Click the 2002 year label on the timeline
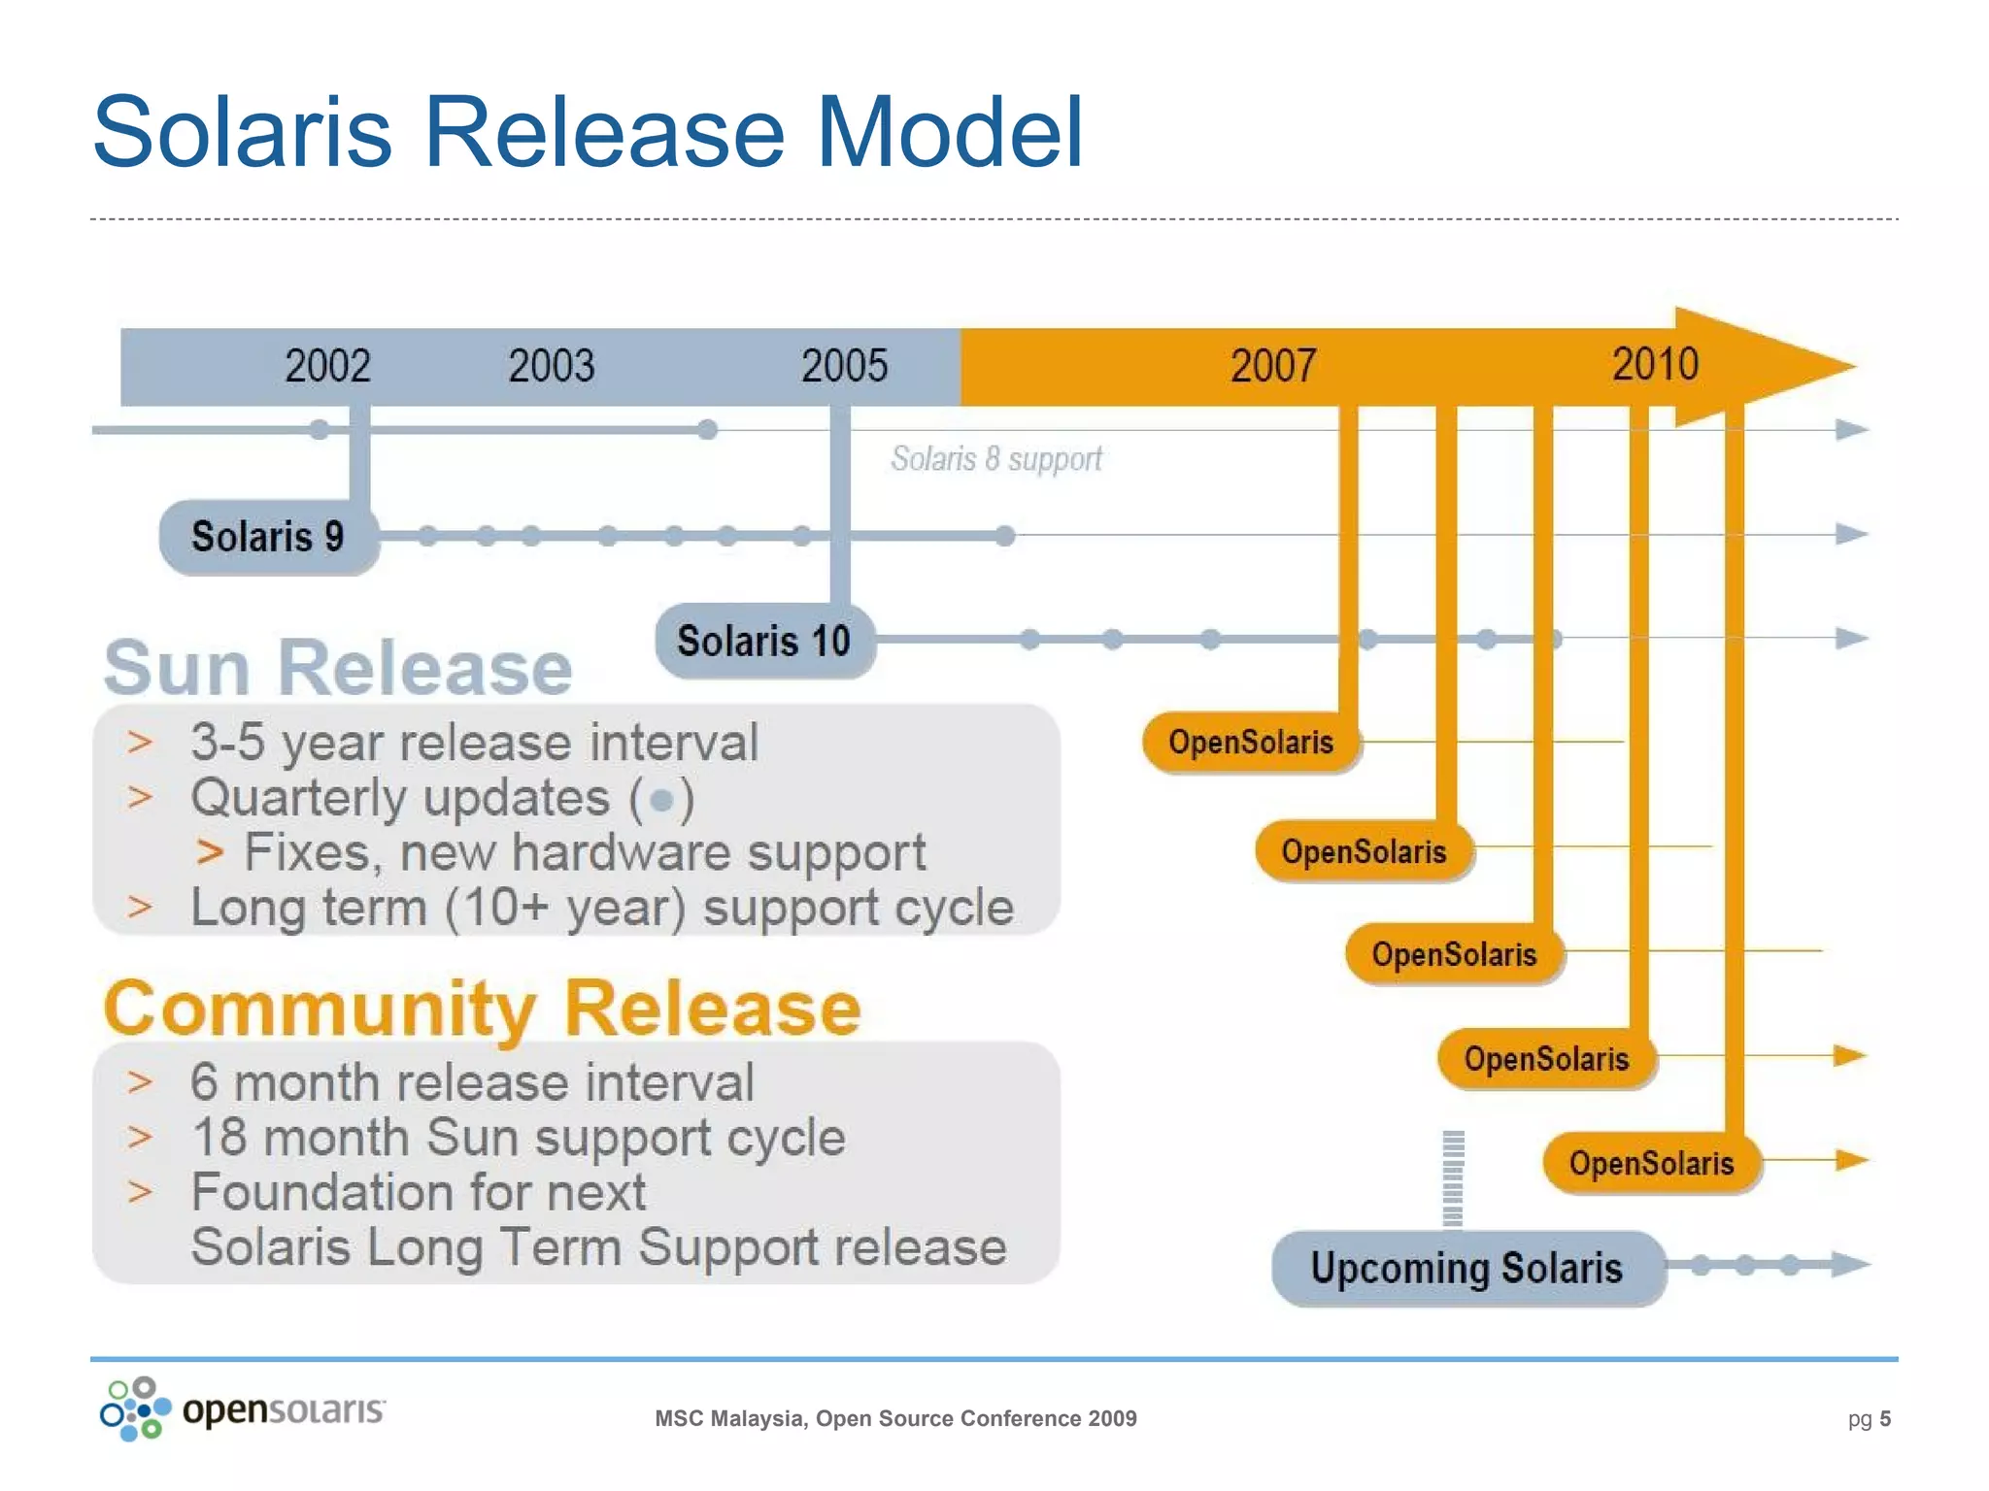(x=327, y=366)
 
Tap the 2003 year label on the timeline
(x=551, y=366)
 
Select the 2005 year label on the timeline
(x=844, y=366)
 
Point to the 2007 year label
(x=1273, y=366)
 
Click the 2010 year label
(x=1655, y=364)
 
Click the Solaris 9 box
(x=268, y=537)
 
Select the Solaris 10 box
(x=764, y=641)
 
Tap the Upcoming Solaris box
(x=1467, y=1268)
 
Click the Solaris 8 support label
(x=996, y=458)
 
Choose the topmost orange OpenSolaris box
(x=1251, y=743)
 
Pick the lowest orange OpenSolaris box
(x=1652, y=1163)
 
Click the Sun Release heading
(x=338, y=669)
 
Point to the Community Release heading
(x=483, y=1009)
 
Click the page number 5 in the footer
(x=1885, y=1419)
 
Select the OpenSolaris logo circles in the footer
(x=135, y=1408)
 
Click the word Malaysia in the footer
(x=759, y=1419)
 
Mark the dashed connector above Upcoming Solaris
(x=1453, y=1178)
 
